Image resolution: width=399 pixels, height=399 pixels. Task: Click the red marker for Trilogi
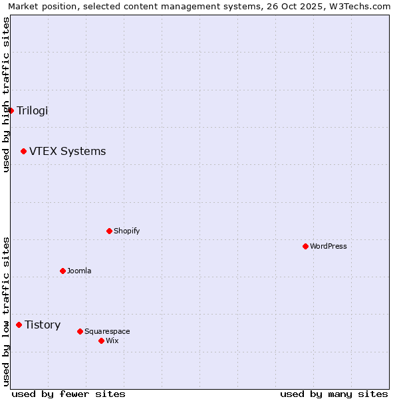11,110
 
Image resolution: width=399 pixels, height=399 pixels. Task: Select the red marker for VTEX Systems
23,152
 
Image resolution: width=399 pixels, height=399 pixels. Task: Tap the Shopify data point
109,231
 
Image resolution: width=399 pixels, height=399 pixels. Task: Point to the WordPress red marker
305,246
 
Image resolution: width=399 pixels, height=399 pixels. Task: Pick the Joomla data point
63,271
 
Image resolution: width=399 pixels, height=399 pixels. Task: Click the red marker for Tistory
19,325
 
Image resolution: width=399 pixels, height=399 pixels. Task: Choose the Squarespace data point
80,331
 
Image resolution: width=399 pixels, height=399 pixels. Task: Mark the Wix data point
101,340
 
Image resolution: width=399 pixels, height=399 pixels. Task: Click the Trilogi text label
33,110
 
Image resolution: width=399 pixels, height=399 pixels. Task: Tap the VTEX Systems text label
67,152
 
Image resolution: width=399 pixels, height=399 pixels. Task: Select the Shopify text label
126,231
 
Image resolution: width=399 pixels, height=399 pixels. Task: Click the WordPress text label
328,246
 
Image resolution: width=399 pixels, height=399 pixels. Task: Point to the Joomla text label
79,271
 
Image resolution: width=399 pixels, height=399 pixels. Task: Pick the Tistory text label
43,325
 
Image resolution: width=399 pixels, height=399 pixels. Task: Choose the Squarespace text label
107,331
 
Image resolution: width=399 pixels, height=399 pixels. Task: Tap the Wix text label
112,340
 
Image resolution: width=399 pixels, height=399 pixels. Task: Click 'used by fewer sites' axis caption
68,394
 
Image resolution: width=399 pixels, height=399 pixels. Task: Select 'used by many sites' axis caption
334,394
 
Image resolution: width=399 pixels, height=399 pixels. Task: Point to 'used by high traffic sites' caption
6,94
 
